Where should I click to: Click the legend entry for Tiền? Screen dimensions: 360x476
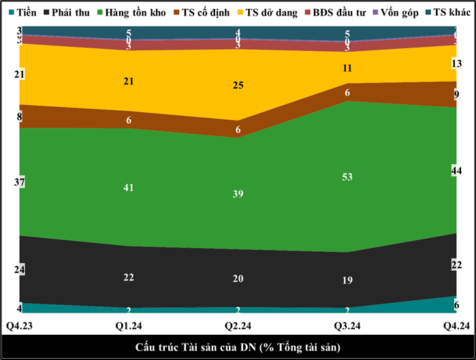point(22,12)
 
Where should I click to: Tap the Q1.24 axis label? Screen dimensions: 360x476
point(129,326)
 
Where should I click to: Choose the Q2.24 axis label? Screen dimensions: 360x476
point(238,326)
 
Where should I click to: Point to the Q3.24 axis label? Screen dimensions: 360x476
point(347,326)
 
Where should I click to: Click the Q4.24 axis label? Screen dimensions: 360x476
point(456,326)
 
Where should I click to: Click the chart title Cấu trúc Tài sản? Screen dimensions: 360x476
point(238,347)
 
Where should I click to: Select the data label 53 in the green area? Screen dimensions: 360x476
point(348,178)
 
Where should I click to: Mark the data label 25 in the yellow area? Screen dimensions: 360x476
point(238,86)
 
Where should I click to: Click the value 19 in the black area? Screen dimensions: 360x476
point(348,280)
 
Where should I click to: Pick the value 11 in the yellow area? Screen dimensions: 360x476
point(348,68)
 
